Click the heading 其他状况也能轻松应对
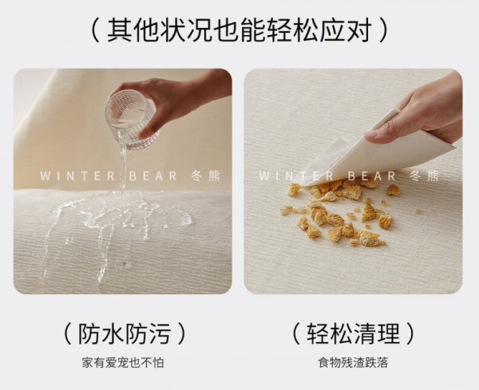(x=239, y=30)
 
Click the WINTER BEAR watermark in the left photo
(x=130, y=176)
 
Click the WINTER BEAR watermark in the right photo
(x=349, y=176)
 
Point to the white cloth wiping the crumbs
(x=376, y=152)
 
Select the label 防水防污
(x=125, y=333)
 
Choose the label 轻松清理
(x=354, y=333)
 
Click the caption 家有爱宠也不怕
(x=123, y=363)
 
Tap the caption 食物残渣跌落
(x=353, y=363)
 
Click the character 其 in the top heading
(x=119, y=30)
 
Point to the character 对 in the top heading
(x=359, y=30)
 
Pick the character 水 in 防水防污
(x=113, y=333)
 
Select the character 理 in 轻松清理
(x=389, y=333)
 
